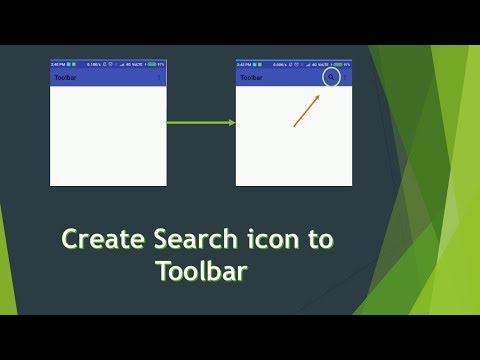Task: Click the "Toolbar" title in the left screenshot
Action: point(67,77)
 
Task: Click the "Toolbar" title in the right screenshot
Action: point(252,77)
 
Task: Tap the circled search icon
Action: point(332,77)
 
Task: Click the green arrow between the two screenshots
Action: point(200,123)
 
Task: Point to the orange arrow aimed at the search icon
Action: point(307,111)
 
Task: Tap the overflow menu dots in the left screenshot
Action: point(160,77)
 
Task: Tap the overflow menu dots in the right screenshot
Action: point(346,77)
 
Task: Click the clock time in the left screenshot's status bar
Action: point(59,63)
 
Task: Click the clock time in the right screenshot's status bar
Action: point(244,63)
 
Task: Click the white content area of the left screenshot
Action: point(108,135)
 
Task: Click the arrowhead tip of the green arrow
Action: point(234,123)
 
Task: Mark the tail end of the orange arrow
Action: point(294,127)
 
